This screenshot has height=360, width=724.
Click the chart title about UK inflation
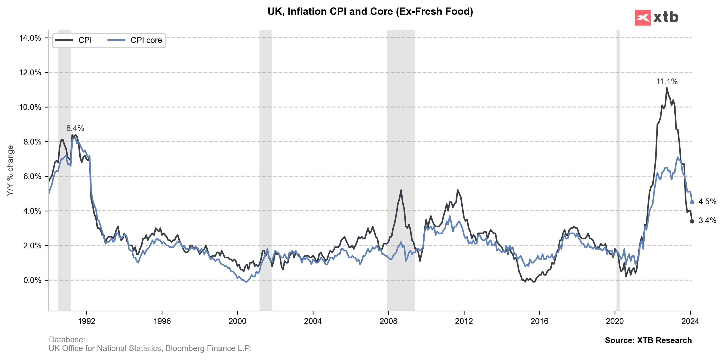(370, 12)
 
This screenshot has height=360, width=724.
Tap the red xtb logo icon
(642, 18)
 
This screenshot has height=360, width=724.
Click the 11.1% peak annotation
(667, 82)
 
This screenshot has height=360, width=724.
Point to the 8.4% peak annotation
(75, 128)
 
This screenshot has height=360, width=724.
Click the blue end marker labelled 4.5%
(692, 202)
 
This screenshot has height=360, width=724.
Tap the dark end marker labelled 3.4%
(692, 222)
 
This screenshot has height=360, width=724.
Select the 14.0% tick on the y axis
(30, 38)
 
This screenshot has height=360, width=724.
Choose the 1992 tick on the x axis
(87, 321)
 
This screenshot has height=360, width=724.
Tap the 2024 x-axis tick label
(690, 321)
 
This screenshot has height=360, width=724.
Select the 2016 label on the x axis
(539, 321)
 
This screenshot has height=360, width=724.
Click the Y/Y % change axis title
(10, 171)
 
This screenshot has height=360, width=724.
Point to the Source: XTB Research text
(648, 340)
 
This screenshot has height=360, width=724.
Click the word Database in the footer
(67, 339)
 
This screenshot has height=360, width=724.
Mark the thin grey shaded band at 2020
(618, 169)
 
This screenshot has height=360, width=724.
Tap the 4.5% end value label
(707, 202)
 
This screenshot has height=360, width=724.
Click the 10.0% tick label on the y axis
(30, 107)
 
